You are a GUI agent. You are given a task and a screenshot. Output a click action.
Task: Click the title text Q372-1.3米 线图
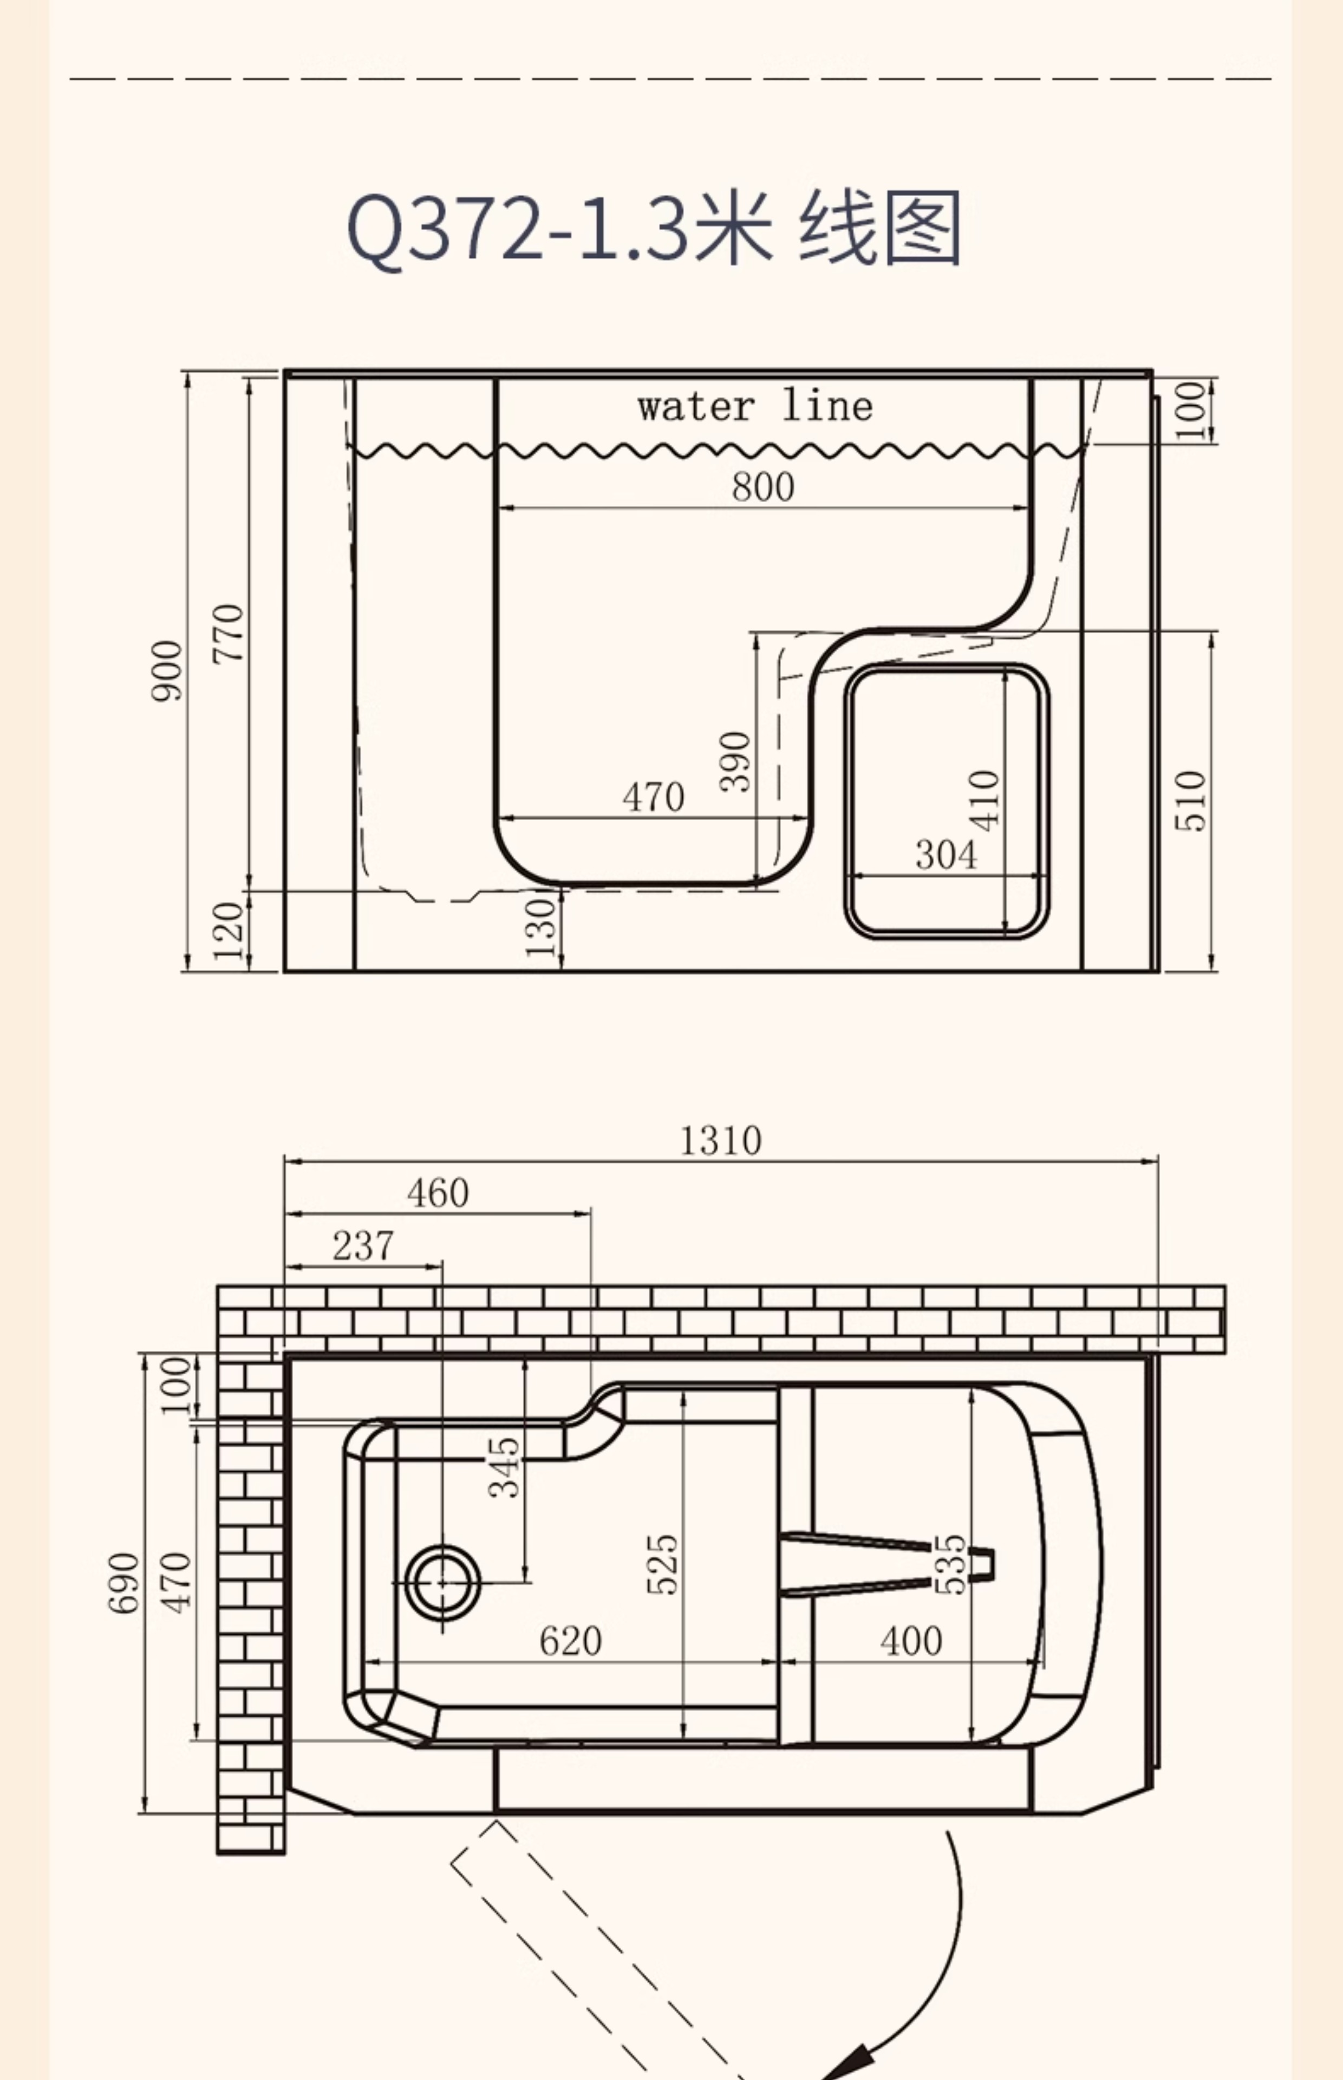654,227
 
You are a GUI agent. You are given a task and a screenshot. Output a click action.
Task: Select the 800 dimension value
763,486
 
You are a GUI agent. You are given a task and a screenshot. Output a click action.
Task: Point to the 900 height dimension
167,670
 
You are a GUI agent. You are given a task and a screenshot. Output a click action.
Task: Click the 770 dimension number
229,633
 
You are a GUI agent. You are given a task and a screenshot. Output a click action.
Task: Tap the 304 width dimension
946,854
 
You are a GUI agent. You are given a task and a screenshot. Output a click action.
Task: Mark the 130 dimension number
540,928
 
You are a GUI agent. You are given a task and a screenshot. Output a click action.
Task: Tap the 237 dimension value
363,1245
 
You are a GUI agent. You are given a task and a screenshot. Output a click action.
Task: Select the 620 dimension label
570,1641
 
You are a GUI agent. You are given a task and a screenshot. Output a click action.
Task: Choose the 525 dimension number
662,1564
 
